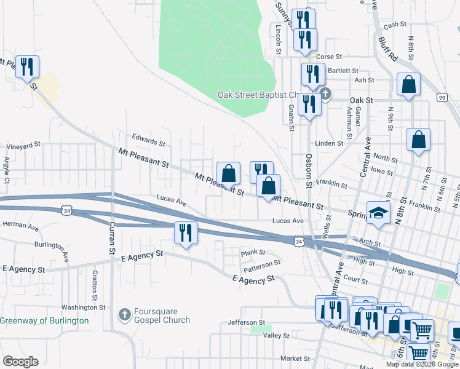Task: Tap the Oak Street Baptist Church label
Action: tap(258, 95)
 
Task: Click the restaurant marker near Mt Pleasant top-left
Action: tap(27, 67)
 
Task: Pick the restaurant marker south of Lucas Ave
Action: tap(186, 233)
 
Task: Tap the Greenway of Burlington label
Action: tap(44, 320)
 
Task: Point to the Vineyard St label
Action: tap(23, 146)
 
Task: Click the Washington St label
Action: tap(84, 307)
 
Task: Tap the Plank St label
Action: tap(253, 252)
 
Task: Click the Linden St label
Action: tap(329, 143)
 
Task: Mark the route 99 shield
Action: tap(442, 97)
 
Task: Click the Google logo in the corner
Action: tap(20, 362)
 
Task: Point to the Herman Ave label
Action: tap(20, 226)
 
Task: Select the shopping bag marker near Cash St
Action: tap(408, 85)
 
